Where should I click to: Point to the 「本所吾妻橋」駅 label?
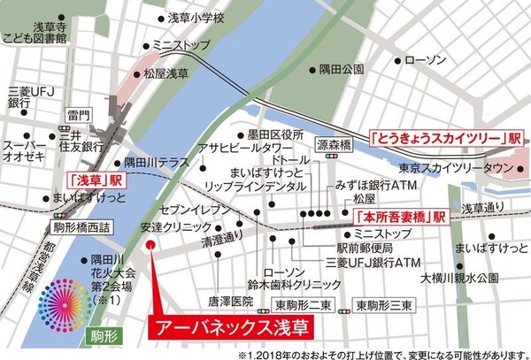(399, 217)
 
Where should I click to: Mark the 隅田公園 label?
(342, 69)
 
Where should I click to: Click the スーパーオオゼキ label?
(30, 151)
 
